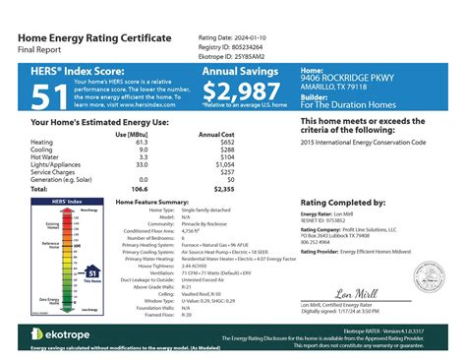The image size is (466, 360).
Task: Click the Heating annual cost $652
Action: pos(228,142)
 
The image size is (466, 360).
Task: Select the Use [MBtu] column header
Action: pos(133,134)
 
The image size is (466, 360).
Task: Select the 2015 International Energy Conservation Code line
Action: pos(363,142)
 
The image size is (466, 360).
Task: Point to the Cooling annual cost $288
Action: pos(228,150)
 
